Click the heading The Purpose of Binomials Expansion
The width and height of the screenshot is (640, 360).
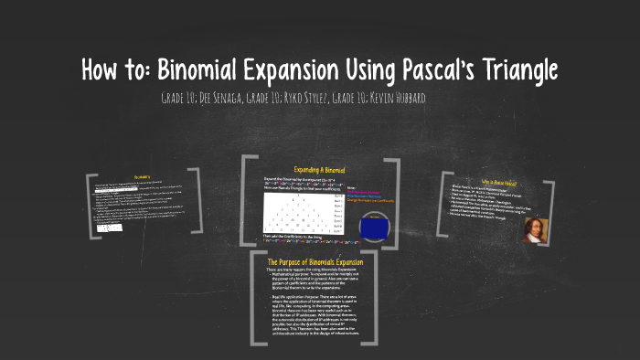[315, 262]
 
